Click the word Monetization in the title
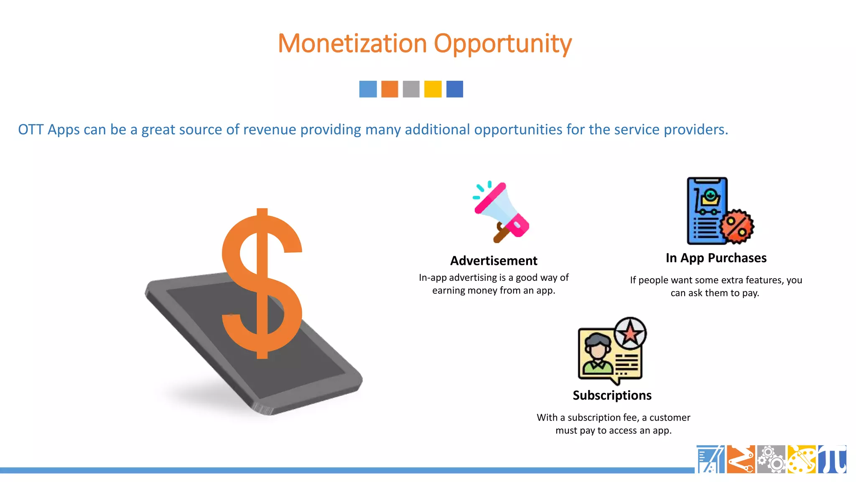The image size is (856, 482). pos(352,44)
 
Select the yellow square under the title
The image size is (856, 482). pos(433,89)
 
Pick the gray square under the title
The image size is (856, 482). pos(411,89)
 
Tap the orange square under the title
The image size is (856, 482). pos(390,89)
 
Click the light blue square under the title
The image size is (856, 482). pos(368,89)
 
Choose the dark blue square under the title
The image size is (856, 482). pos(454,89)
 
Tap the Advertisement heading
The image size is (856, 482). pos(494,261)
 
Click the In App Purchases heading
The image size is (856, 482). pos(716,258)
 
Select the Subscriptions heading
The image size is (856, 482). pos(612,395)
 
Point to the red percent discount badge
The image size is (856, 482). pos(737,226)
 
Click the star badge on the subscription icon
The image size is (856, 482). pos(630,333)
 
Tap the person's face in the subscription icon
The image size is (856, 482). pos(598,349)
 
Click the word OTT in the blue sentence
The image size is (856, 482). pos(31,130)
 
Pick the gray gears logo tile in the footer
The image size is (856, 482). pos(771,459)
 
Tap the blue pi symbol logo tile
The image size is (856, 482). pos(832,459)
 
